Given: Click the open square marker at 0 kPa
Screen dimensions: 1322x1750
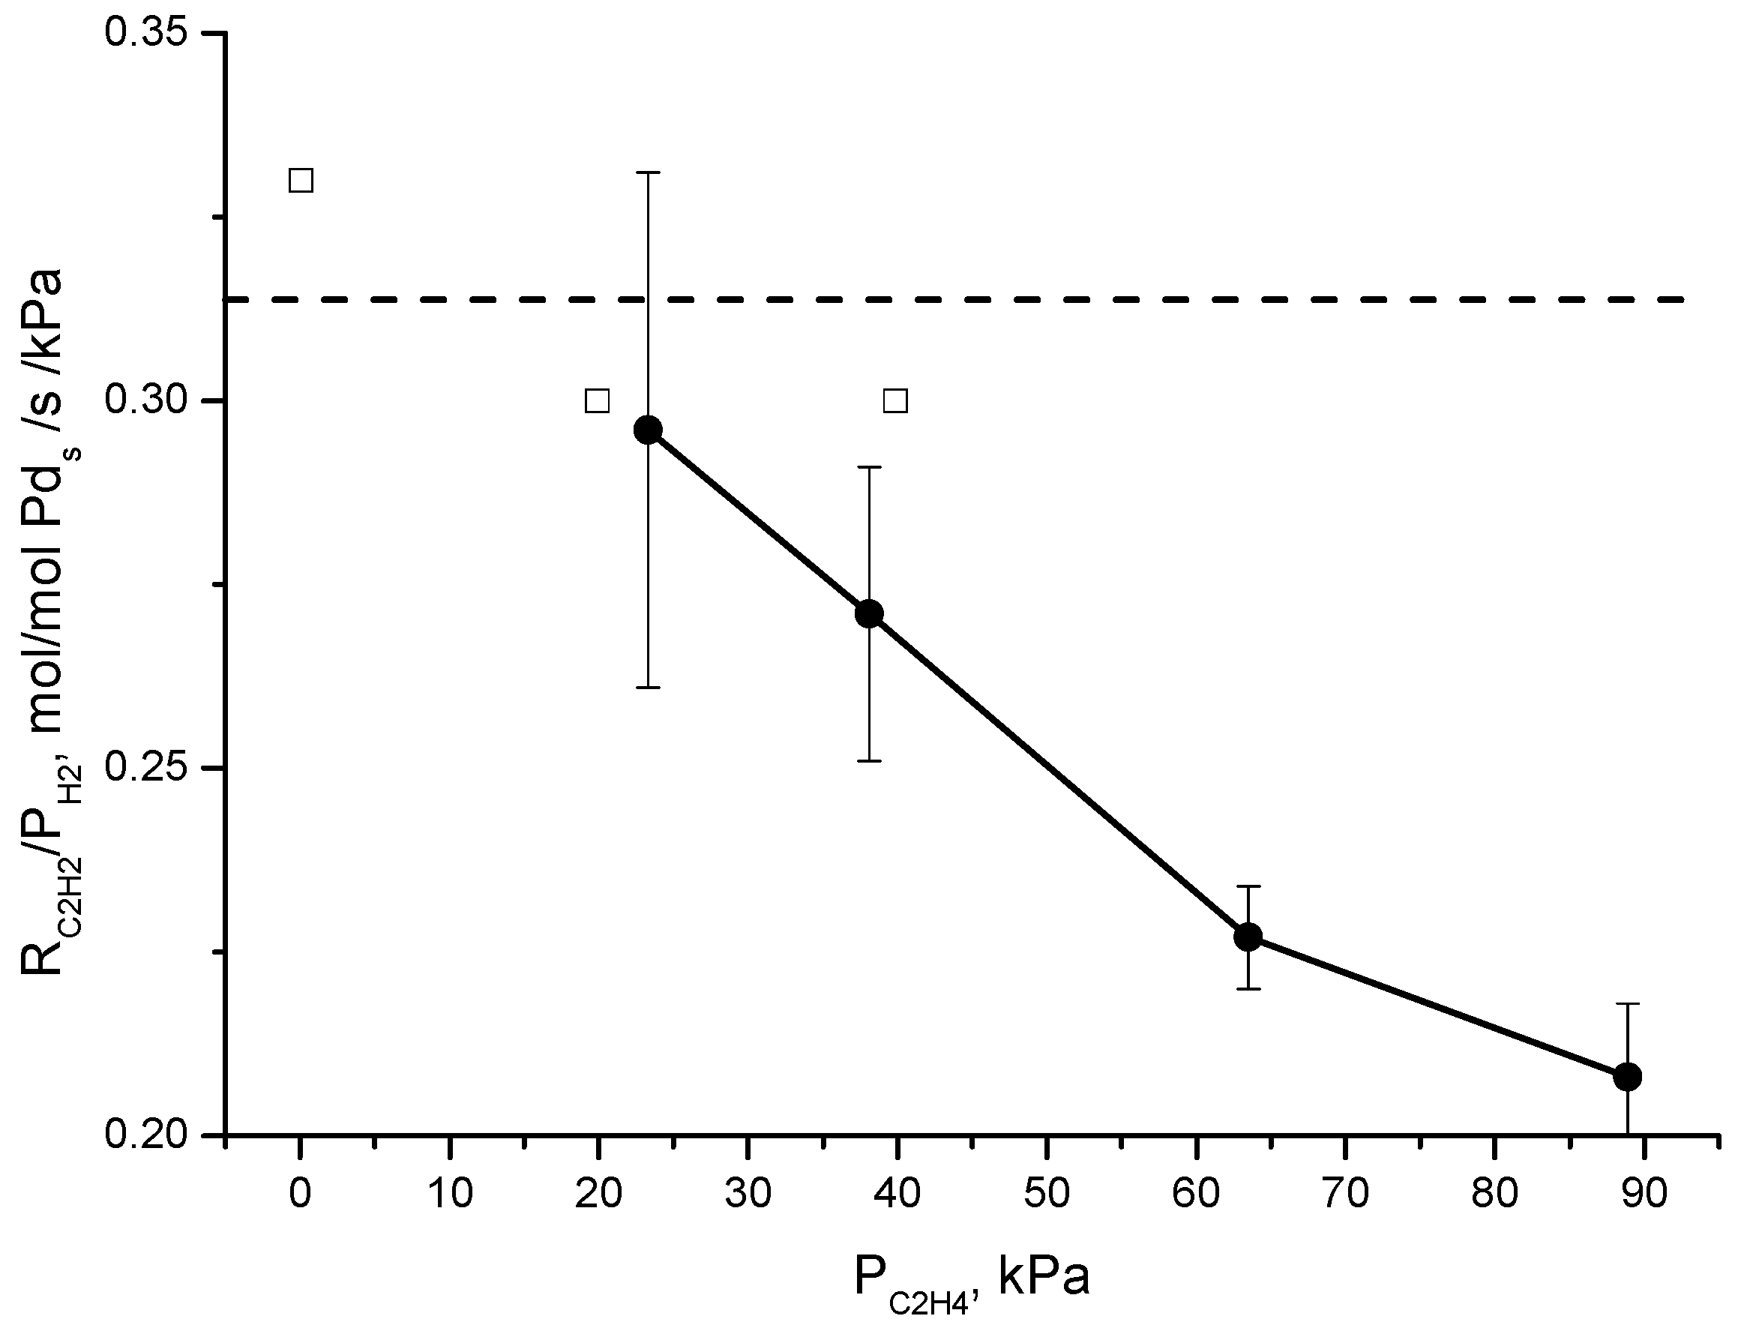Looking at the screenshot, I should [x=301, y=181].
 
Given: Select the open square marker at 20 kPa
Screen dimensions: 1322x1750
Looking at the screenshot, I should [x=598, y=401].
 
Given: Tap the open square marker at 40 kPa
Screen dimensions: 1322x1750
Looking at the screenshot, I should [x=895, y=401].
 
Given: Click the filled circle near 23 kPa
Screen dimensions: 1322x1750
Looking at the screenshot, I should [x=648, y=430].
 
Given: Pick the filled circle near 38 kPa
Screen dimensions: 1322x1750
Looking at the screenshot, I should [x=870, y=614].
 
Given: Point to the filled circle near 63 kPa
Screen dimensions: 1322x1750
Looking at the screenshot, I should [x=1248, y=937].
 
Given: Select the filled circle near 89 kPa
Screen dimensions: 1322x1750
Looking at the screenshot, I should [x=1627, y=1077].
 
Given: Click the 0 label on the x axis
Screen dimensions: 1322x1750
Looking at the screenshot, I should [x=300, y=1193].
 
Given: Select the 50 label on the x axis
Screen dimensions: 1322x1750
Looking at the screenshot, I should [x=1047, y=1193].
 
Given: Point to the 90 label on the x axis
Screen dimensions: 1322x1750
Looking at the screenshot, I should [x=1644, y=1193].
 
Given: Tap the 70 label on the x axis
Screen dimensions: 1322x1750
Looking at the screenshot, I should [x=1346, y=1193].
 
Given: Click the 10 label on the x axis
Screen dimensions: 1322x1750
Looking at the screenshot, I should [x=449, y=1193].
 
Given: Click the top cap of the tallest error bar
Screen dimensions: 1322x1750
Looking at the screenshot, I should [x=648, y=172].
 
